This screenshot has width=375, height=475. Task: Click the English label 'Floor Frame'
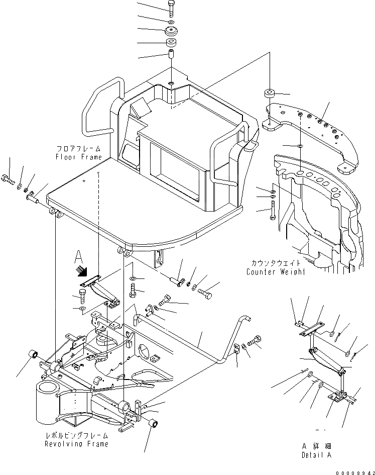click(x=79, y=157)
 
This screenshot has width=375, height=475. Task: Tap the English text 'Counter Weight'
click(x=276, y=272)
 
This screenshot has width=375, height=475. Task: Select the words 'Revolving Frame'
click(x=76, y=444)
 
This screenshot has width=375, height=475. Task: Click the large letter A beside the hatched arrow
click(x=78, y=257)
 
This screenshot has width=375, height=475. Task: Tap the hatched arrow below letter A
click(x=79, y=271)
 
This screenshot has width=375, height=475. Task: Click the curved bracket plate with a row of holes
click(x=311, y=131)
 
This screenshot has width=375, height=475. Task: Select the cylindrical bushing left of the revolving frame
click(x=35, y=356)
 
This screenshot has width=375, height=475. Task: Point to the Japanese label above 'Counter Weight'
click(x=276, y=263)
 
